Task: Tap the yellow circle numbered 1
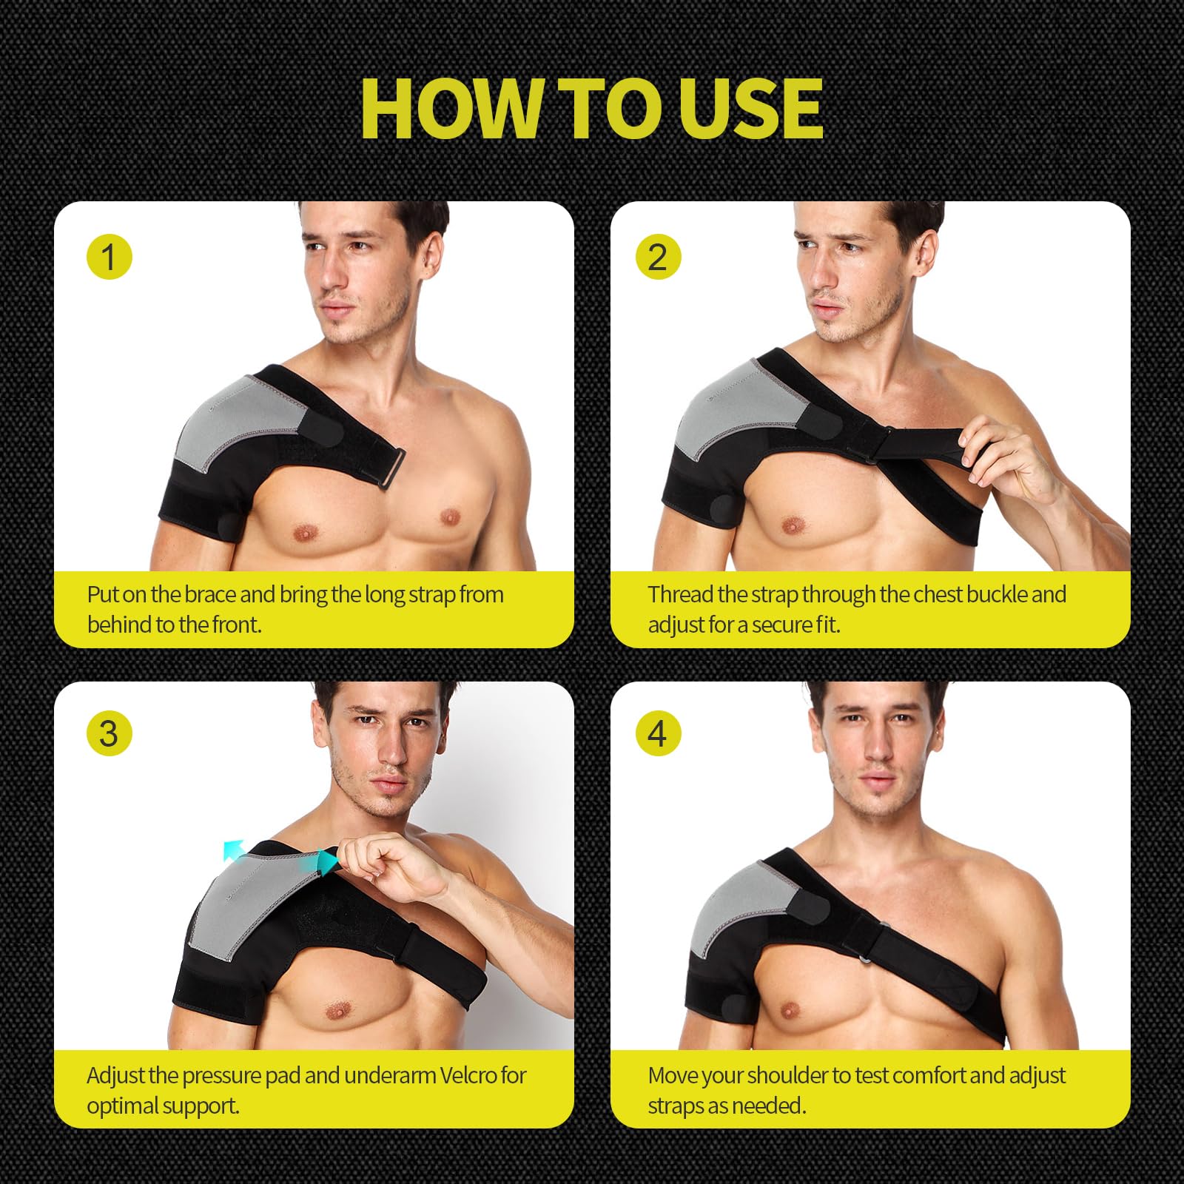[x=110, y=258]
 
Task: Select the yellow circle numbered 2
[x=658, y=258]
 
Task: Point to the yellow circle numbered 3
[x=110, y=733]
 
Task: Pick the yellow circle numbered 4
[x=658, y=733]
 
